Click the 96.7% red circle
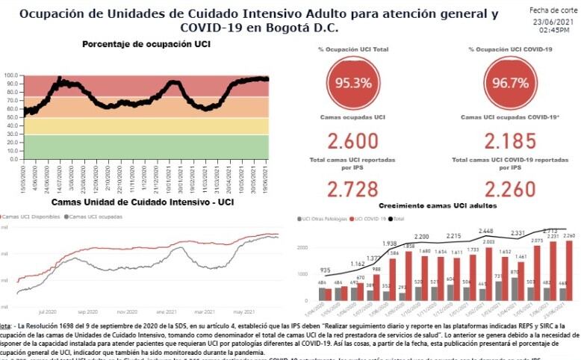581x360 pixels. [510, 82]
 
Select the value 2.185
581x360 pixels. [510, 140]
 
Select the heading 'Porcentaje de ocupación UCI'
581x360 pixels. [146, 45]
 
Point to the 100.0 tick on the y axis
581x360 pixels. [10, 75]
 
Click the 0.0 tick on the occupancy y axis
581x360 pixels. [13, 159]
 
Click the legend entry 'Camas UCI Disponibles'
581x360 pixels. [31, 217]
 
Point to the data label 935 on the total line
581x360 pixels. [326, 270]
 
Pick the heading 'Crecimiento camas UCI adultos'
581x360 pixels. [431, 205]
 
